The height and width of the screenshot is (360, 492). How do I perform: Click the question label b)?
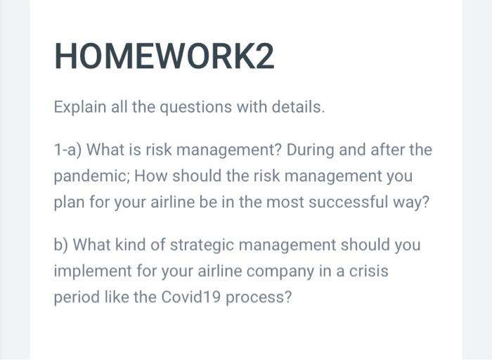coord(62,245)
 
